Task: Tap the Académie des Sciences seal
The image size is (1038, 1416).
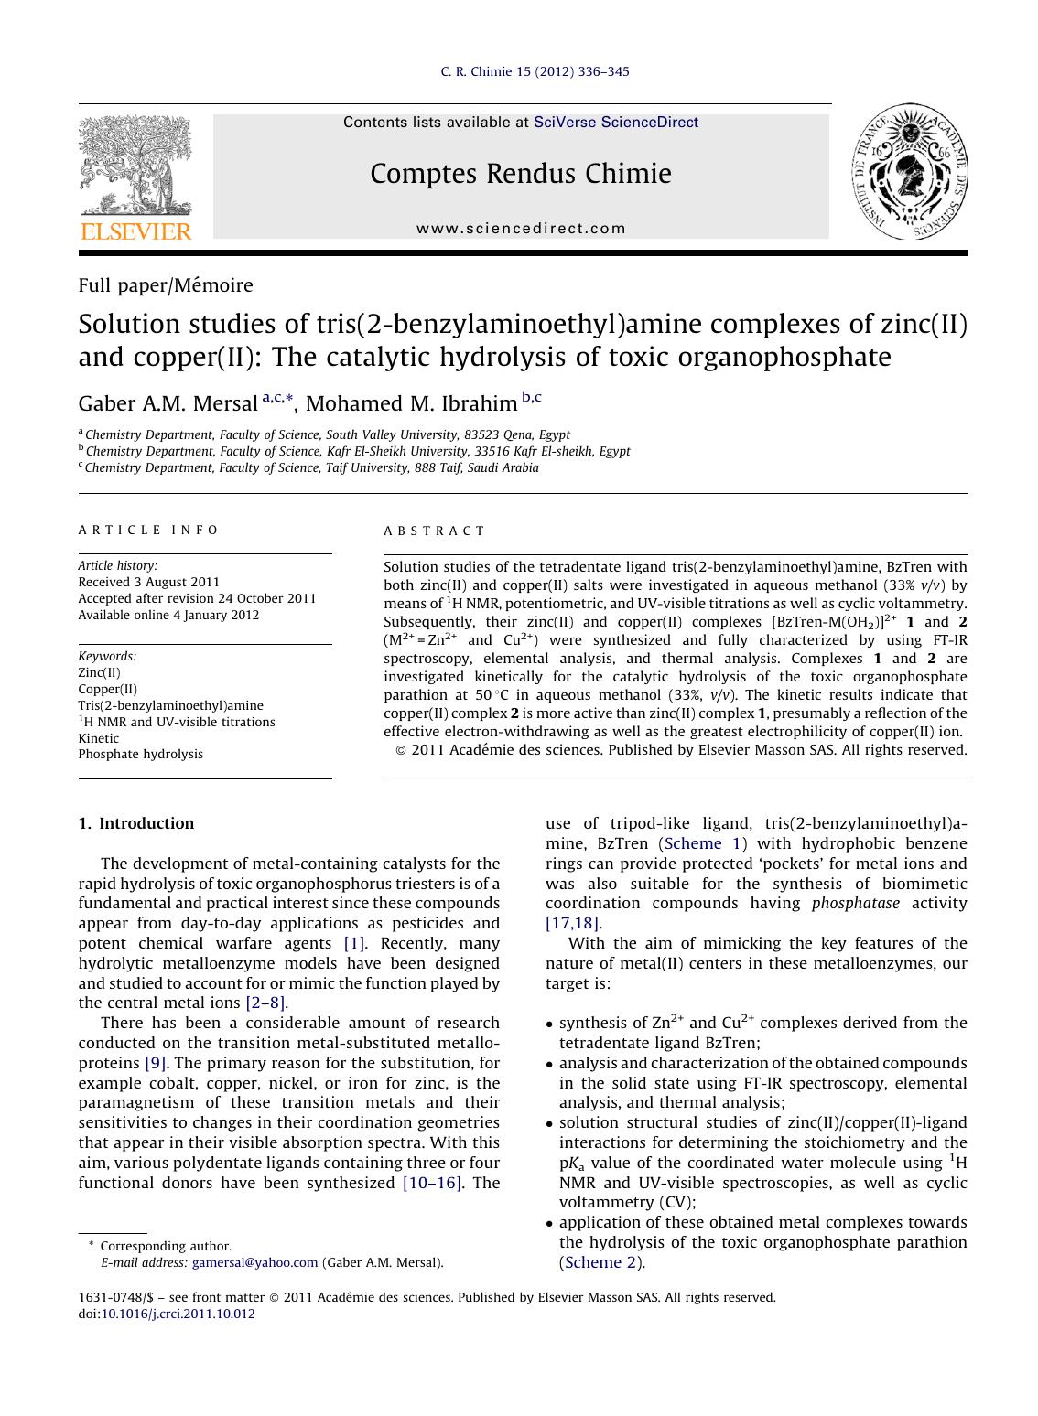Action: (x=910, y=173)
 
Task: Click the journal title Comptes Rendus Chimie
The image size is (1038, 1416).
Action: (x=520, y=174)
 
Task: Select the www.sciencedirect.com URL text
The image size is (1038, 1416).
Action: (x=521, y=229)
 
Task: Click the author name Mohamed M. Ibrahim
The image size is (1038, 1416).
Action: (x=411, y=403)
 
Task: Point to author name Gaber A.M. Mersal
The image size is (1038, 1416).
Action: (x=168, y=403)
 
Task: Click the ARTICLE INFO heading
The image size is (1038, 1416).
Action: (x=148, y=530)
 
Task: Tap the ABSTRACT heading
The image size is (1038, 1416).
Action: (x=434, y=531)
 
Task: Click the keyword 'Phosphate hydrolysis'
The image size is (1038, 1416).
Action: (x=140, y=754)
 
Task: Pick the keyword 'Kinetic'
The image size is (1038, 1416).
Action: (x=98, y=738)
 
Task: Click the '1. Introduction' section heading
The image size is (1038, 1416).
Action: (x=135, y=823)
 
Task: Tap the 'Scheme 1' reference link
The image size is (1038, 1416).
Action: (x=705, y=843)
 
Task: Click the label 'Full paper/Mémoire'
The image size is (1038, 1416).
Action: (x=166, y=285)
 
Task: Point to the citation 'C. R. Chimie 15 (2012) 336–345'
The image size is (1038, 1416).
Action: (x=535, y=72)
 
